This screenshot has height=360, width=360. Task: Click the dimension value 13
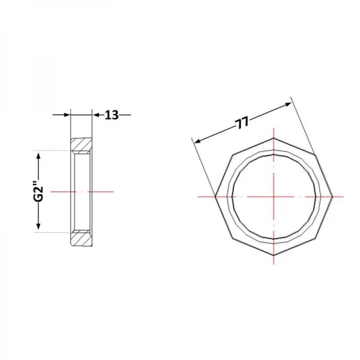[x=112, y=115]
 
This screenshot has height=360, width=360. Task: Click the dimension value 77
[x=242, y=122]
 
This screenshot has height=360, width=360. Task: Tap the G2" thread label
[x=38, y=191]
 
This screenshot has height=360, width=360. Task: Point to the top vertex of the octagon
[x=274, y=138]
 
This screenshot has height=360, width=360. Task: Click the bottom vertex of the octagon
[x=274, y=256]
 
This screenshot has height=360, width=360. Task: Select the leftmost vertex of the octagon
[x=215, y=197]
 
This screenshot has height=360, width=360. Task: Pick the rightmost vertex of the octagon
[x=332, y=197]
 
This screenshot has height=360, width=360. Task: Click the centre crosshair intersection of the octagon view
[x=274, y=197]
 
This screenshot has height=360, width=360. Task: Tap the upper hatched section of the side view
[x=81, y=146]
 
